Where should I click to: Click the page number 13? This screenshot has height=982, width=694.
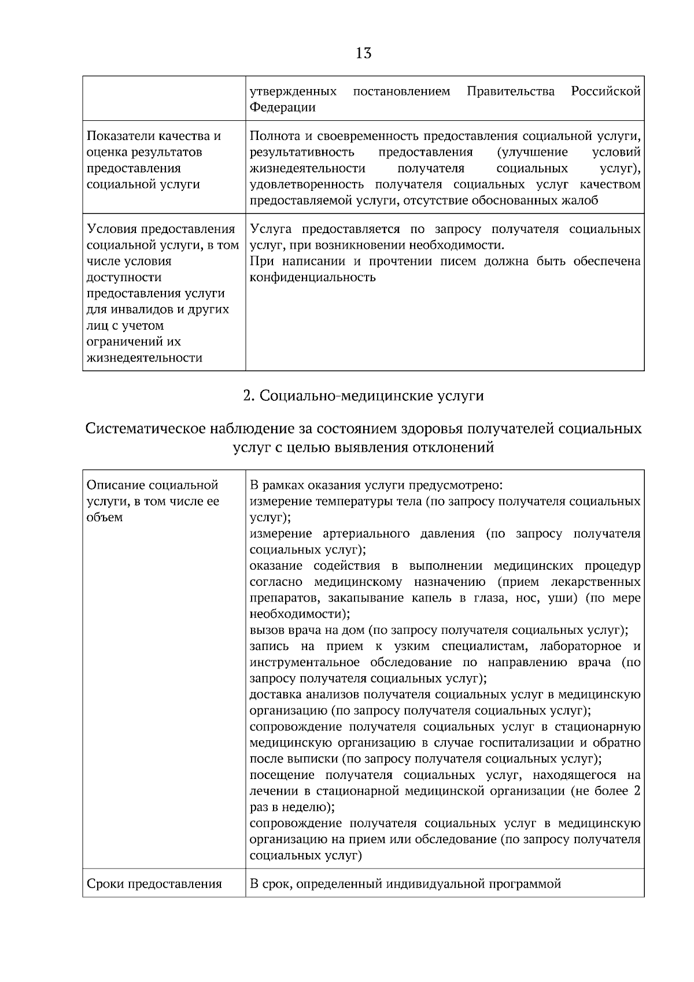[363, 53]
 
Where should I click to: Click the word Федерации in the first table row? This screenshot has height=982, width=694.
[282, 108]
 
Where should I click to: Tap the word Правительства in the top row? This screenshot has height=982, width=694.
[511, 91]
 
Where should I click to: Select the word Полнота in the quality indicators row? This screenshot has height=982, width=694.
[275, 136]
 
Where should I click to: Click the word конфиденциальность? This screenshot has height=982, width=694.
[312, 277]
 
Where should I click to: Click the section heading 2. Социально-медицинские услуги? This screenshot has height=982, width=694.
[363, 396]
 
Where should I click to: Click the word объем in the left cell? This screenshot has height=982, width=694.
[105, 517]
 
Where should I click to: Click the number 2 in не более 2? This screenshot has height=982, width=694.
[637, 791]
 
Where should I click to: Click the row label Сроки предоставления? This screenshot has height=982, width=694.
[154, 884]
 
